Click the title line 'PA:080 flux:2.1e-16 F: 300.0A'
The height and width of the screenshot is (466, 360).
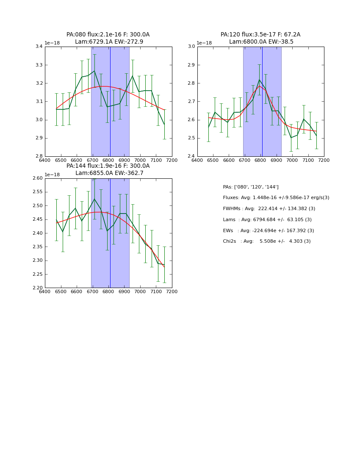pos(108,35)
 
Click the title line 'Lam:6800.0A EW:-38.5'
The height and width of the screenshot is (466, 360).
pos(261,42)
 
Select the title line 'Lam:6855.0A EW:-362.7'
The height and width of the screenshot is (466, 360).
pos(109,173)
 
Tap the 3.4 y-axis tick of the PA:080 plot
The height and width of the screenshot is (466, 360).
pos(39,47)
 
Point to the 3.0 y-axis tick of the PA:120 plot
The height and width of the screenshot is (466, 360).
pos(191,47)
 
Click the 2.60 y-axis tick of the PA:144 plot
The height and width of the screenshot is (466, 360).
pos(37,178)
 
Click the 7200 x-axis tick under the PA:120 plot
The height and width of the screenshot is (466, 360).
pos(324,160)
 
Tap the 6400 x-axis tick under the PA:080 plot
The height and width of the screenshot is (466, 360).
pos(45,160)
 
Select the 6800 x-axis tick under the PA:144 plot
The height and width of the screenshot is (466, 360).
pos(108,291)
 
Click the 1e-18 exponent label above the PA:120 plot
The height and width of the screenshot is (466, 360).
pos(205,43)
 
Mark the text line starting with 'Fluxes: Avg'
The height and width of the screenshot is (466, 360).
pos(276,198)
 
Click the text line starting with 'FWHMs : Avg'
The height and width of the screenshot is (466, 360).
pos(269,209)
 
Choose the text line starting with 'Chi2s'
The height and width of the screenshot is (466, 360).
pos(266,241)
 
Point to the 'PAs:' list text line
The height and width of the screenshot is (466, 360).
pos(250,187)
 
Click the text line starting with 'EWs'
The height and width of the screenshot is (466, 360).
pos(268,231)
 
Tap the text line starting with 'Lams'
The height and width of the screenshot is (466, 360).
pos(267,220)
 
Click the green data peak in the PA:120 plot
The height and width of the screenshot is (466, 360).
pos(259,80)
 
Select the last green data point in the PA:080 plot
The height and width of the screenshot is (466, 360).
pos(164,124)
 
